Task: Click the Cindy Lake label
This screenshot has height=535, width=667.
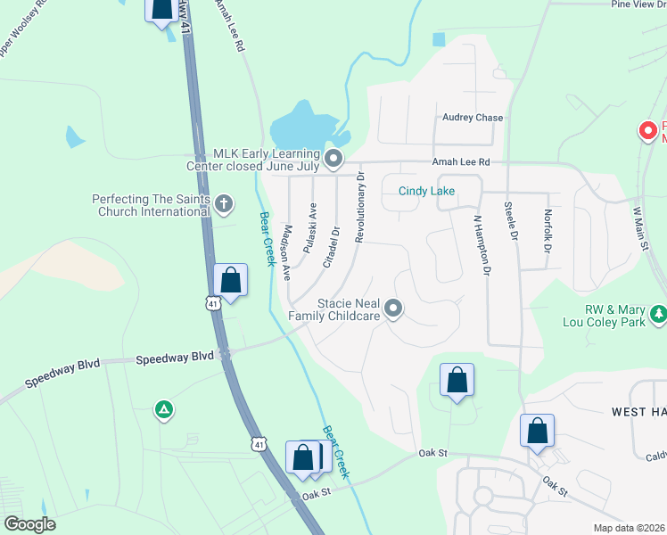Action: [x=426, y=191]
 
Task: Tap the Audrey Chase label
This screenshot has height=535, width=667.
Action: [x=473, y=118]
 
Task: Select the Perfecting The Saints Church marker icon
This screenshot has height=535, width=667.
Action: [x=225, y=204]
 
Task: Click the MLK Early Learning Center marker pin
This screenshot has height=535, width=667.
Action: [x=333, y=160]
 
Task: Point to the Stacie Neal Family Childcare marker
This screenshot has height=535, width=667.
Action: [x=394, y=309]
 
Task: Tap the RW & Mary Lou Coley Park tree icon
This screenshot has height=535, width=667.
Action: [x=658, y=314]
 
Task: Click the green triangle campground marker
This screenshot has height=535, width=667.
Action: [x=163, y=409]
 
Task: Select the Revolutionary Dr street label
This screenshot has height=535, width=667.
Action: [x=360, y=208]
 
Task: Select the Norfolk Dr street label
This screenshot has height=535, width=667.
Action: [x=548, y=230]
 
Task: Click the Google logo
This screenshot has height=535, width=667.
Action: [x=29, y=524]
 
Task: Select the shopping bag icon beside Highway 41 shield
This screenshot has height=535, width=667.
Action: [x=231, y=280]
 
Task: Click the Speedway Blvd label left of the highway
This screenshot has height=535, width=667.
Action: [x=175, y=357]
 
